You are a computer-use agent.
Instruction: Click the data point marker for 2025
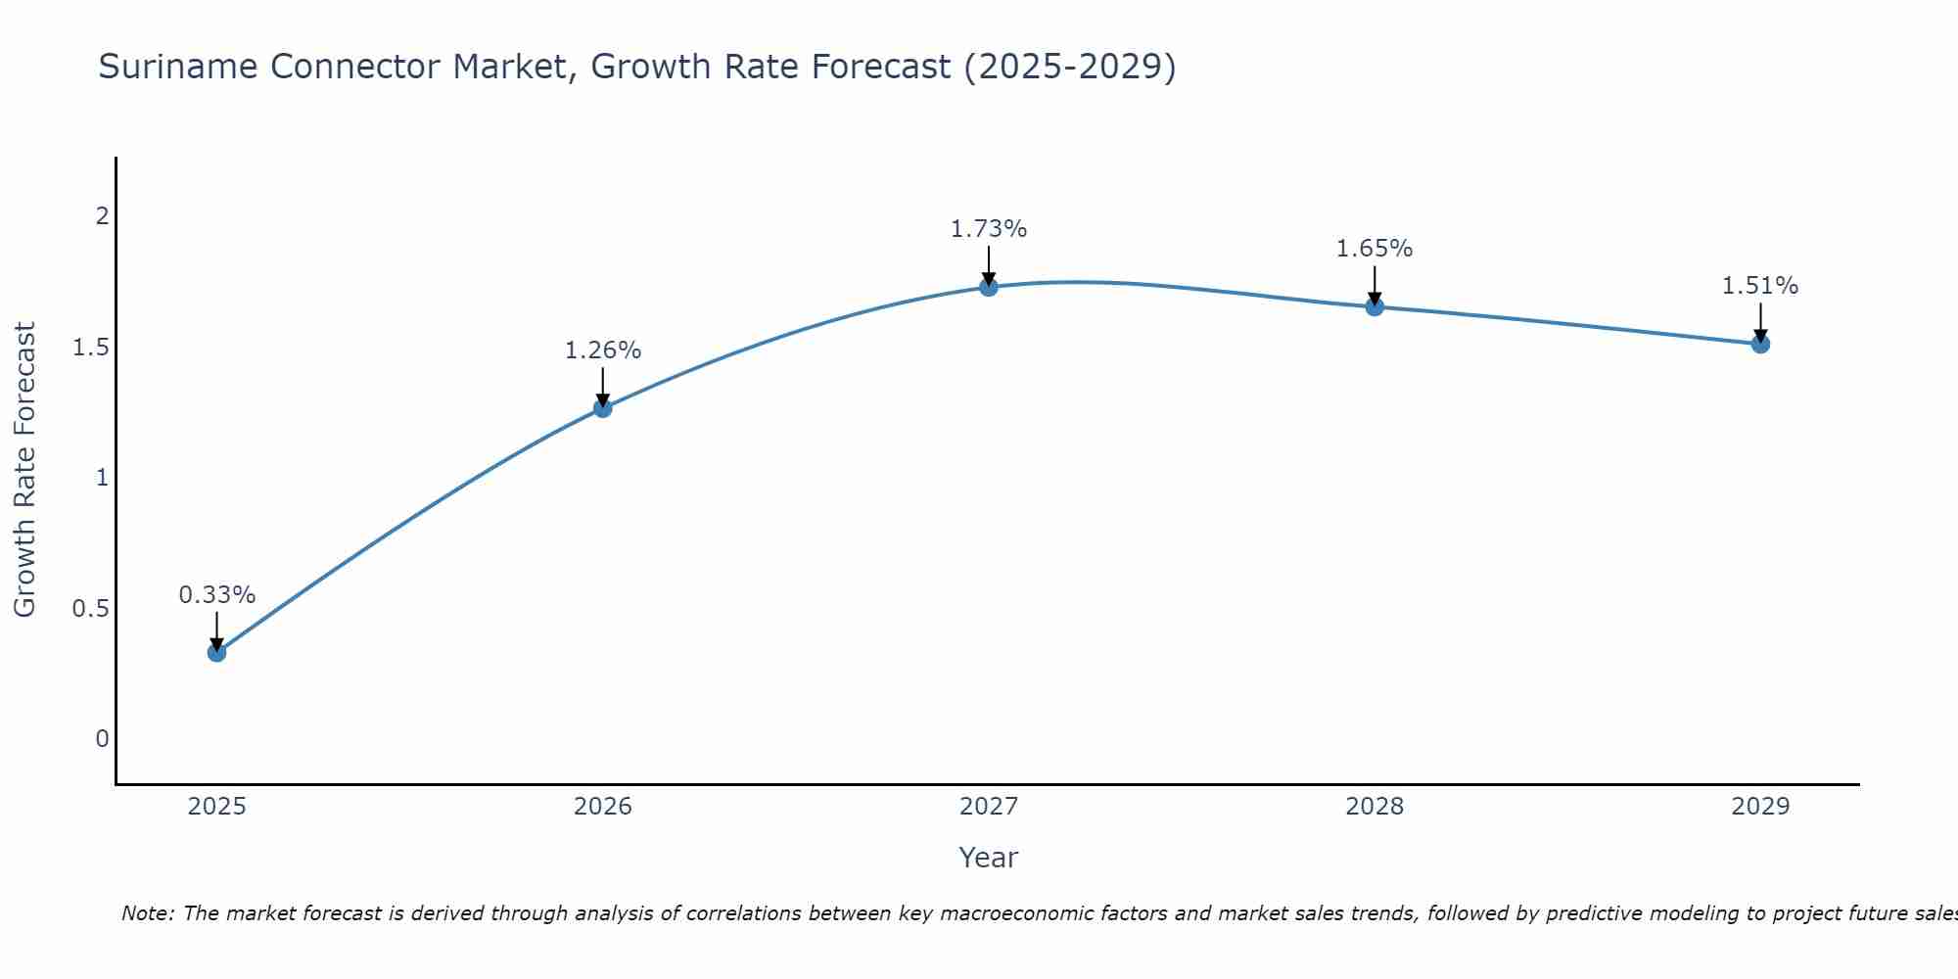tap(217, 652)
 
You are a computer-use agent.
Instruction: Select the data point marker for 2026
tap(603, 408)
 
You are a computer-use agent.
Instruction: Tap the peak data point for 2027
tap(989, 287)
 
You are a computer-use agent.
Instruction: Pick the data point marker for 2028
tap(1375, 307)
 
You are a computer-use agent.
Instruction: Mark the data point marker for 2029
tap(1760, 344)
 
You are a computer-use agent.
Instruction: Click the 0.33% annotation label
tap(217, 595)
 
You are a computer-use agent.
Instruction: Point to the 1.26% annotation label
tap(603, 350)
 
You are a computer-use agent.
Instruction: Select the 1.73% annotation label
tap(989, 229)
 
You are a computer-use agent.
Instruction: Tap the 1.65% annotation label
tap(1375, 249)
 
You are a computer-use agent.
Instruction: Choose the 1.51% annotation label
tap(1760, 286)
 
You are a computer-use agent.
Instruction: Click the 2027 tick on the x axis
tap(989, 807)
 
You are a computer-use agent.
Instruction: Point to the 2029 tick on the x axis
tap(1760, 807)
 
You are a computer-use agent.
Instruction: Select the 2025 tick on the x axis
tap(217, 807)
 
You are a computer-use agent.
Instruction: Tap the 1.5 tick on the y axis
tap(90, 348)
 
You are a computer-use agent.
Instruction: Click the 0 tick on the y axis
tap(102, 739)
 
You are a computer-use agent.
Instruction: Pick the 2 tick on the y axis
tap(102, 216)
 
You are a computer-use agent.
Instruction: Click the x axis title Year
tap(989, 858)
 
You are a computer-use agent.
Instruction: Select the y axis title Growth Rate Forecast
tap(24, 470)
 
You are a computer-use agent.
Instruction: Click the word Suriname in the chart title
tap(178, 67)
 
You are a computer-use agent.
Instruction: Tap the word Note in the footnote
tap(147, 913)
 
